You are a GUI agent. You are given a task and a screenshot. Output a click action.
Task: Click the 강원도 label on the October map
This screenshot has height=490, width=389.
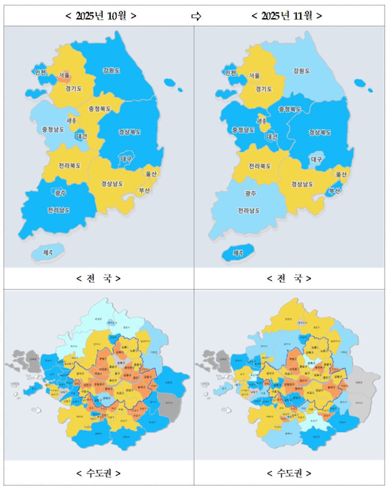(x=111, y=71)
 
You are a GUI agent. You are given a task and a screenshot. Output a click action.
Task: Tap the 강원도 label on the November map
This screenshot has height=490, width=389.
(x=302, y=71)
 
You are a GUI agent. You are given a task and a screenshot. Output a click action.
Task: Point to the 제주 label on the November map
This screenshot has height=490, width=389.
(x=239, y=253)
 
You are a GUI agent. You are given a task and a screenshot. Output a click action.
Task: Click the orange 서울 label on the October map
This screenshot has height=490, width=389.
(x=64, y=75)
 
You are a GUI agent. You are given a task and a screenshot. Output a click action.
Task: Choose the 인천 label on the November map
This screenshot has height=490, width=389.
(x=231, y=73)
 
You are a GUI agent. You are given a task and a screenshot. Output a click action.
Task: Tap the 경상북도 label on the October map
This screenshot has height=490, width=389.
(x=129, y=132)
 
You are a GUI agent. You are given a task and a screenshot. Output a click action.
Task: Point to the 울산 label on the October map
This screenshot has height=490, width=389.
(x=151, y=174)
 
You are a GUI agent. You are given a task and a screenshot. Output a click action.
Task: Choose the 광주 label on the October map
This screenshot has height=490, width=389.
(x=60, y=193)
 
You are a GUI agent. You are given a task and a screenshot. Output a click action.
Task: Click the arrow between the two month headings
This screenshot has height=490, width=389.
(x=196, y=16)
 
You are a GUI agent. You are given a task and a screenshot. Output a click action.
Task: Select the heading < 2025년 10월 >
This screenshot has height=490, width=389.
(x=101, y=15)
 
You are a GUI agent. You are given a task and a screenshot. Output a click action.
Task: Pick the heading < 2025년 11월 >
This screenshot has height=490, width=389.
(x=287, y=15)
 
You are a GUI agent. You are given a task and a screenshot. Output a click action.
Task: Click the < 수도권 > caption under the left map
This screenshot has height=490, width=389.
(x=98, y=473)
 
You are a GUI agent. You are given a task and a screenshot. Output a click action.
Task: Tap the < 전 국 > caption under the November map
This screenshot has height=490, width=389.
(x=289, y=278)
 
